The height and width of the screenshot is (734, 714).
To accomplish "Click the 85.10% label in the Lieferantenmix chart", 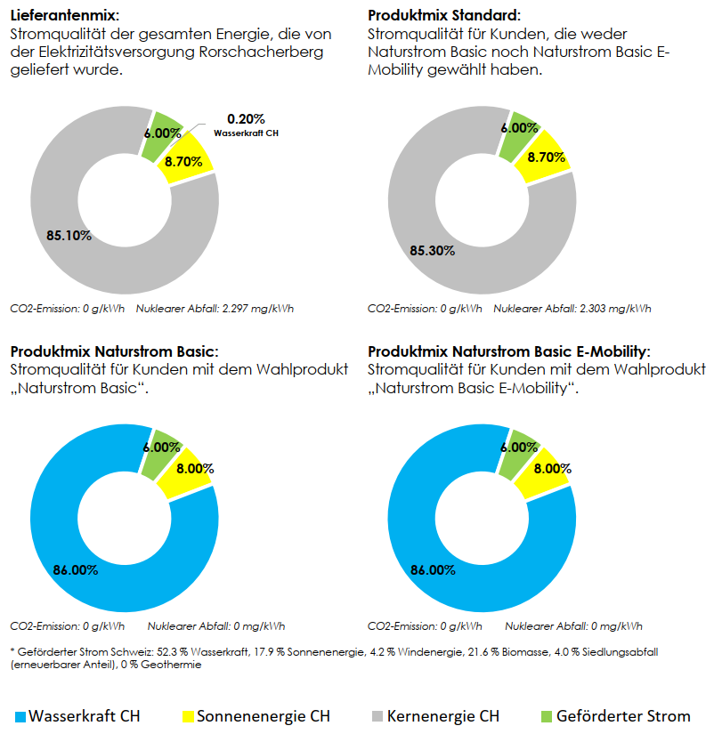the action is coord(69,236).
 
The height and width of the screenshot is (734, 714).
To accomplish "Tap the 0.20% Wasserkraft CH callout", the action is coord(246,125).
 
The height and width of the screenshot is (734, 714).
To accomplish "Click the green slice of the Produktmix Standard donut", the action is coord(519,136).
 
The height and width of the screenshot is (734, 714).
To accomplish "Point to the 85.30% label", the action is coord(433,251).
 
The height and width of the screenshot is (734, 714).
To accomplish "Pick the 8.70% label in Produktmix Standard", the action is coord(547,157).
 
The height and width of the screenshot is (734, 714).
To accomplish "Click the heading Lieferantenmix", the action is coord(65,15).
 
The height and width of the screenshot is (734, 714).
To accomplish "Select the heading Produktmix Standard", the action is coord(444,15).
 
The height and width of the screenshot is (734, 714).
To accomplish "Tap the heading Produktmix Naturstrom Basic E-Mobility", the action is coord(509,351).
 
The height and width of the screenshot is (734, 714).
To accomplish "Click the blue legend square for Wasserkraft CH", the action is coord(20,717).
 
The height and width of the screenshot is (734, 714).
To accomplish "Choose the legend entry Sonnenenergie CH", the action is coord(256,716).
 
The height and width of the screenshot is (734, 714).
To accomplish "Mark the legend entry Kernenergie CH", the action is coord(436,716).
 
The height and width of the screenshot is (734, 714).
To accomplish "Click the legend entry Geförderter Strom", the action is coord(616,716).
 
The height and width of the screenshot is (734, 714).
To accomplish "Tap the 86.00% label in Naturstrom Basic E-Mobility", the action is coord(433,570).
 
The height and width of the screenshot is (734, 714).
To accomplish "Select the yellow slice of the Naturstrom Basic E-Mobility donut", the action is coord(543,472).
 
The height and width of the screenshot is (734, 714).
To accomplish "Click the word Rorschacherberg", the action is coord(261,52).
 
